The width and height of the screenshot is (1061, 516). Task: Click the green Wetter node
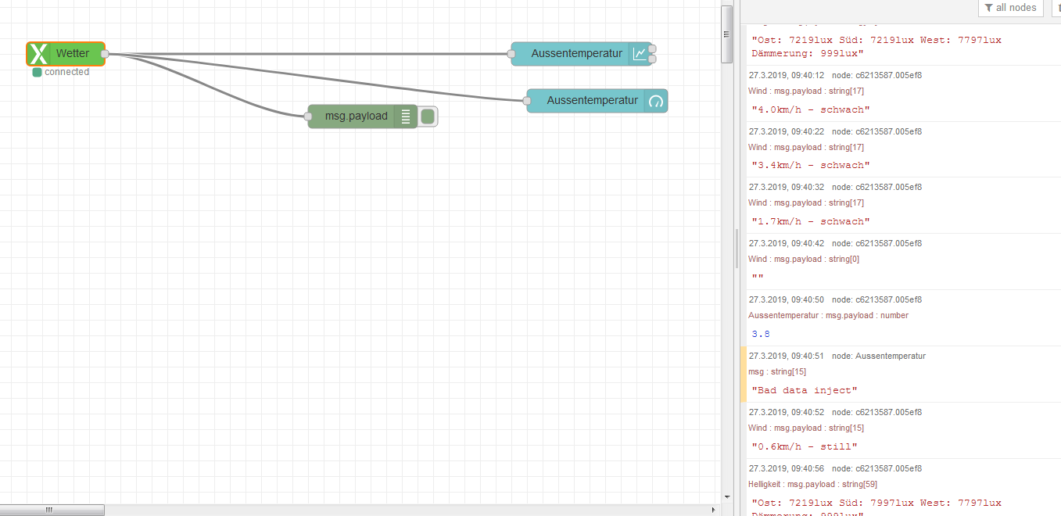pos(72,54)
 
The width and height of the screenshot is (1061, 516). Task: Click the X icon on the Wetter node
pos(38,54)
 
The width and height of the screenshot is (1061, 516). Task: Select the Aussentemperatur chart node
pos(576,54)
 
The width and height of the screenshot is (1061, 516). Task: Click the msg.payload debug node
pos(357,116)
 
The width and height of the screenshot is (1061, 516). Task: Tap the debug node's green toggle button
pos(428,116)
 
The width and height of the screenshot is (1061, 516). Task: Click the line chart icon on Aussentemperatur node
pos(640,54)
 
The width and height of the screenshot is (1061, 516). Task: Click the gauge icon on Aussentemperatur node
pos(656,101)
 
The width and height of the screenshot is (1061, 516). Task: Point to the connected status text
pos(66,72)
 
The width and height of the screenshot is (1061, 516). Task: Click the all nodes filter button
pos(1011,8)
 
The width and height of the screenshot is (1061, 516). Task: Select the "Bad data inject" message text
pos(805,390)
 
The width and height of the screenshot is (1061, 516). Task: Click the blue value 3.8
pos(761,334)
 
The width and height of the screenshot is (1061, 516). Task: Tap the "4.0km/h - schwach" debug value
pos(810,109)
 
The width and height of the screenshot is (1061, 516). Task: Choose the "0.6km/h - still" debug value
pos(805,446)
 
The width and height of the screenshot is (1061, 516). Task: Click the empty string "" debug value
pos(758,278)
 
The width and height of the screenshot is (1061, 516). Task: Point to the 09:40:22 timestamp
pos(787,131)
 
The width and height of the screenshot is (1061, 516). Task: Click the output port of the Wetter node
pos(105,54)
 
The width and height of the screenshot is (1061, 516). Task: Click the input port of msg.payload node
pos(308,116)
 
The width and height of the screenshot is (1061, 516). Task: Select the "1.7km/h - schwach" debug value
pos(810,221)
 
